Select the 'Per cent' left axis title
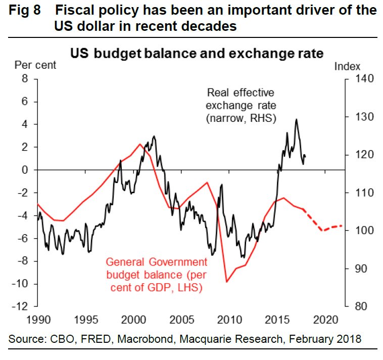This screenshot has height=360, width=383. click(x=35, y=65)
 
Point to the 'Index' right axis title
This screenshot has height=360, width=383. click(x=347, y=66)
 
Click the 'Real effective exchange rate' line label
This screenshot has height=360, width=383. click(x=241, y=105)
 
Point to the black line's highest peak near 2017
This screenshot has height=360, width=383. click(x=296, y=119)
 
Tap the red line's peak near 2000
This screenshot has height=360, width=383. click(x=140, y=144)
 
